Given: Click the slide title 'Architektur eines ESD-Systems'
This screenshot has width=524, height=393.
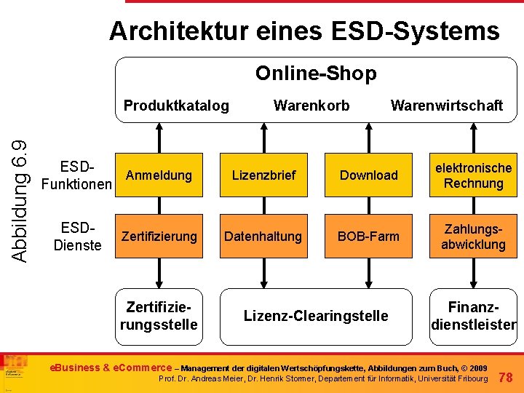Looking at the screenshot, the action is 304,31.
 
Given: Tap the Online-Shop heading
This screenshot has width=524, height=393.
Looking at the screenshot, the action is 316,74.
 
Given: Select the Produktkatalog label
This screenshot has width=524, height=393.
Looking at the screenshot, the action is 176,106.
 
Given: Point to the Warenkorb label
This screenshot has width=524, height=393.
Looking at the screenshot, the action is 311,106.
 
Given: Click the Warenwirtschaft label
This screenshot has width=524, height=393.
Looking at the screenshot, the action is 446,106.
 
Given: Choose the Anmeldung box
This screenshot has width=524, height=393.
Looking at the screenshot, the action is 159,175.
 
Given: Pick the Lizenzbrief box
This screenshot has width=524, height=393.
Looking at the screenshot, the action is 263,175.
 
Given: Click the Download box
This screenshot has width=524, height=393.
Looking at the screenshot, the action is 369,175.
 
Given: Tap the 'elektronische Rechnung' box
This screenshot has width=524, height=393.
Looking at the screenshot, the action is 473,175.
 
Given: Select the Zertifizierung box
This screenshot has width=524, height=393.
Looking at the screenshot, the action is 159,237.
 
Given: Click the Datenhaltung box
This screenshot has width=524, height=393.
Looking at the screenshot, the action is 263,237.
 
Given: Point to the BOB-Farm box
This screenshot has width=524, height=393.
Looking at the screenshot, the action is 369,237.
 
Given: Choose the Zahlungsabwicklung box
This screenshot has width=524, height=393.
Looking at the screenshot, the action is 473,237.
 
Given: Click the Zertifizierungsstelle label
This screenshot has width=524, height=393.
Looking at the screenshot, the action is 159,315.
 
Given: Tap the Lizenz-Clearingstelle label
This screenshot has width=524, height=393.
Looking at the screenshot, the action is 316,316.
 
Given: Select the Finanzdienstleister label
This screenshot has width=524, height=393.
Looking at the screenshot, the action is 473,315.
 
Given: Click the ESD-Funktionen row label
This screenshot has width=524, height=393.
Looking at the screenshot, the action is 76,175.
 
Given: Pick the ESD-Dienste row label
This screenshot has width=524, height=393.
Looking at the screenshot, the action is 77,237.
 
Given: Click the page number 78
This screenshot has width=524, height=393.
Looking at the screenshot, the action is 507,376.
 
